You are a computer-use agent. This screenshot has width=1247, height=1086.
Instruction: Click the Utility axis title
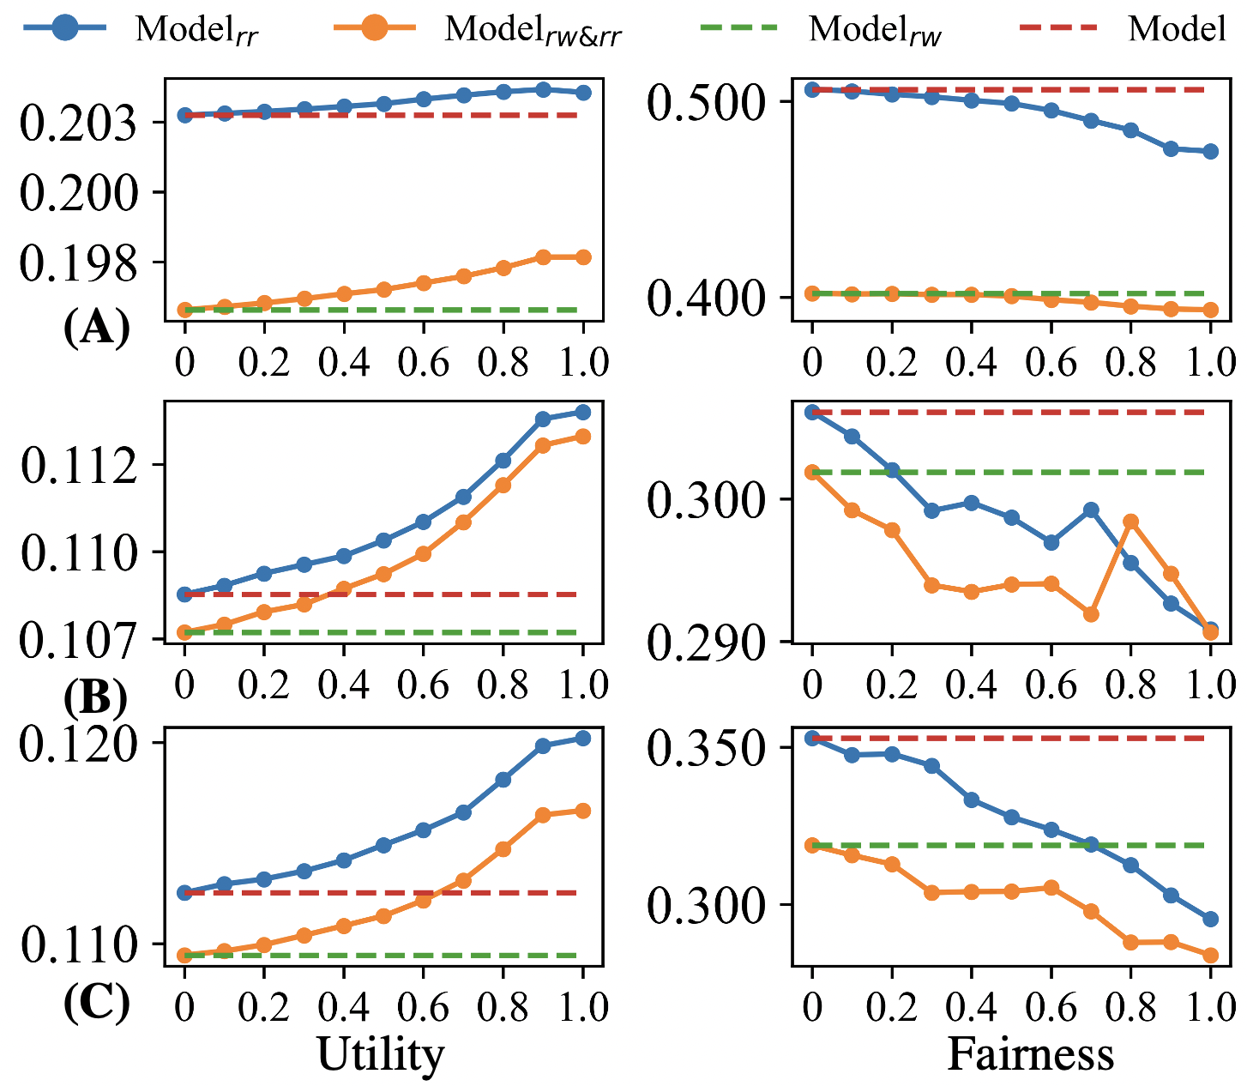(x=381, y=1054)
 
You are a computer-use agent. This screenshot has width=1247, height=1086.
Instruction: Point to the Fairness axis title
(x=1030, y=1054)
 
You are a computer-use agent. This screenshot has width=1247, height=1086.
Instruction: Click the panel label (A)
(x=97, y=327)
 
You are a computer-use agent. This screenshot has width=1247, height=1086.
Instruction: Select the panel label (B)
(x=95, y=698)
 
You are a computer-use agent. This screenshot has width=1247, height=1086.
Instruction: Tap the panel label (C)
(x=96, y=1003)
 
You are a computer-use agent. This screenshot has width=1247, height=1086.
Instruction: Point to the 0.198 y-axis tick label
(x=78, y=265)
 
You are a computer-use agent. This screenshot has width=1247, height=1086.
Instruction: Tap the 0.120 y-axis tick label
(x=78, y=743)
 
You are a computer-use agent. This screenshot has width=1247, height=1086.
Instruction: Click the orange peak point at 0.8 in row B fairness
(x=1130, y=522)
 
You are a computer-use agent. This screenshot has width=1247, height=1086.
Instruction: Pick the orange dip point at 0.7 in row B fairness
(x=1091, y=614)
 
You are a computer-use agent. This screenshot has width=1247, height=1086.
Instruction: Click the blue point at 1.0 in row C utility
(x=583, y=738)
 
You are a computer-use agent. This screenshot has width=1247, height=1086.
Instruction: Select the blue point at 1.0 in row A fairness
(x=1210, y=152)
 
